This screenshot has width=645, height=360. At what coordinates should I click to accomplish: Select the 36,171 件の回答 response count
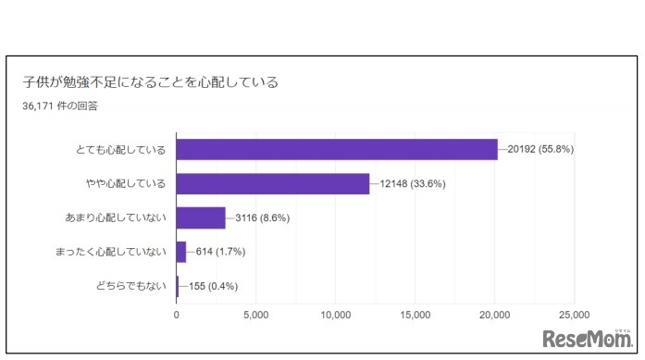pos(61,106)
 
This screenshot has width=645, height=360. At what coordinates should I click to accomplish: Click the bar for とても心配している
pos(337,149)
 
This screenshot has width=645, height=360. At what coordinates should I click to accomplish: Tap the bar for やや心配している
pos(273,183)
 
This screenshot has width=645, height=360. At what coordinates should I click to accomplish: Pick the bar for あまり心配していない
pos(201,217)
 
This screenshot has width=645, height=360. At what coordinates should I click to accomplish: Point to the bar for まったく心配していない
pos(181,251)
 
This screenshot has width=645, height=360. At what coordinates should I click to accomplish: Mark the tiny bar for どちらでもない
pos(178,285)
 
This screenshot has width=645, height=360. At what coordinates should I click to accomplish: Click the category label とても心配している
pos(121,150)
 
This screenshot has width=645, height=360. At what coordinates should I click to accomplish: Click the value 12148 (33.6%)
pos(414,183)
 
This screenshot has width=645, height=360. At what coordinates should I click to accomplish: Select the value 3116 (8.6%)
pos(265,217)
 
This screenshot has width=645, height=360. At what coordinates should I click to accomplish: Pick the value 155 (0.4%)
pos(212,285)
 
